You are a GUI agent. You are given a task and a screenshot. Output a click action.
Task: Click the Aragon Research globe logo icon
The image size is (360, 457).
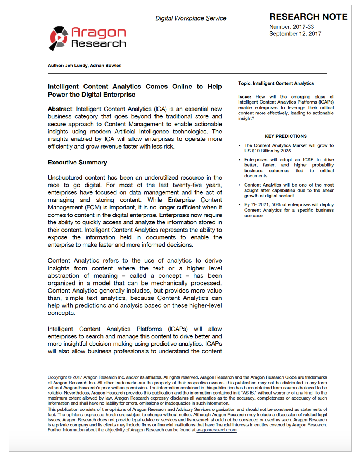point(59,38)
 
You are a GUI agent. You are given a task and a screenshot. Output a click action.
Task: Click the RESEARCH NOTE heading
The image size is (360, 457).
point(308,17)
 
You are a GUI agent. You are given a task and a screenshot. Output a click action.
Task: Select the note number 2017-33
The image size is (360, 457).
point(304,27)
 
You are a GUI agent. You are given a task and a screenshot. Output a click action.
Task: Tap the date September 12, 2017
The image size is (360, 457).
point(295,34)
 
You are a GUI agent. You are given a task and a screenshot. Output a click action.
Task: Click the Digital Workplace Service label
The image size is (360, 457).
point(190,18)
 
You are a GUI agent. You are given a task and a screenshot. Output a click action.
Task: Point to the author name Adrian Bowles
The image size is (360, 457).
point(106,66)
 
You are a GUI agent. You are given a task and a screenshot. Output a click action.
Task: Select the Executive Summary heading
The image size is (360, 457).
point(78,162)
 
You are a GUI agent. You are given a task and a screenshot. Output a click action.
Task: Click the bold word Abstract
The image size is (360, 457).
point(60,109)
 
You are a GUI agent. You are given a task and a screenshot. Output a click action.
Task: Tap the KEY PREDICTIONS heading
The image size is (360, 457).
point(286,136)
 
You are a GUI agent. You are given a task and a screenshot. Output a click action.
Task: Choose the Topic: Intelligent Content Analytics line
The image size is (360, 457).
point(276,83)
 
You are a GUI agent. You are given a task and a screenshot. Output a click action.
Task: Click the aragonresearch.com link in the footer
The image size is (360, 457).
point(216,430)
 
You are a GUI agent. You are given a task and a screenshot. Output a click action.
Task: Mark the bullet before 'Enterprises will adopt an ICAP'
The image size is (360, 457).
point(240,160)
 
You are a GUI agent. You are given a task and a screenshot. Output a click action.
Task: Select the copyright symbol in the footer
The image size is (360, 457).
point(69,377)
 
